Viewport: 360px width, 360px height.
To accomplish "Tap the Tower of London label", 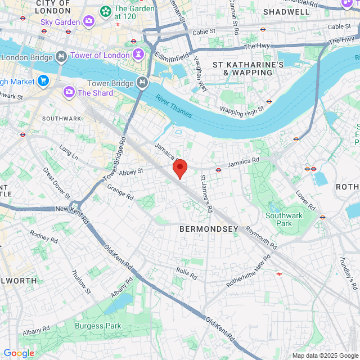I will tap(100, 55).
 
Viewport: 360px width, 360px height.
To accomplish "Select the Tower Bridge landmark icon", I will tap(142, 83).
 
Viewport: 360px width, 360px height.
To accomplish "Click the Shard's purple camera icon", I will tap(69, 92).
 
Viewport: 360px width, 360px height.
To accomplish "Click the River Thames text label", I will tap(174, 106).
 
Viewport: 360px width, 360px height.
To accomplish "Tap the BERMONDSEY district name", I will tap(209, 229).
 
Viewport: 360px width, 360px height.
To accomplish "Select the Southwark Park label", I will tap(284, 219).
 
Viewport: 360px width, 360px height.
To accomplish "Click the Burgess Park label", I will tap(98, 326).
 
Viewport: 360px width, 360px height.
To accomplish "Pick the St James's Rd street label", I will tap(206, 193).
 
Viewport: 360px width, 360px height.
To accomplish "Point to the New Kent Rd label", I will tap(73, 209).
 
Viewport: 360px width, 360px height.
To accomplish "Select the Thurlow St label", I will tap(80, 281).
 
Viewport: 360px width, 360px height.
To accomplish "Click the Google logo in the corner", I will tap(19, 353).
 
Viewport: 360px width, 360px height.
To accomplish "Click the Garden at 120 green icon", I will tap(105, 11).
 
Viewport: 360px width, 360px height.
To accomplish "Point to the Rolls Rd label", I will tap(186, 273).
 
